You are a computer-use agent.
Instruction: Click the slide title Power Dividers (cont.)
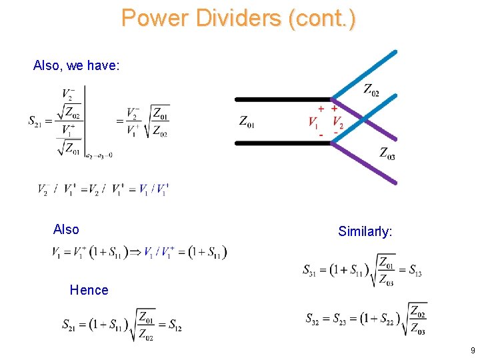(239, 17)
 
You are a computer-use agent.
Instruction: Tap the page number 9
(472, 350)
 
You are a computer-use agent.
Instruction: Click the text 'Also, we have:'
(76, 65)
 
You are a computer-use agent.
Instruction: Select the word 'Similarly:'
(365, 231)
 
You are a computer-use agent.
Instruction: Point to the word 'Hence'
(89, 290)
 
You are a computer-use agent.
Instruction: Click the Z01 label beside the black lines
(247, 122)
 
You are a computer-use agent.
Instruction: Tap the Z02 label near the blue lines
(371, 89)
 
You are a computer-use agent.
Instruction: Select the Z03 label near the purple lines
(387, 153)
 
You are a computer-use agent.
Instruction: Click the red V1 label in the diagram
(313, 123)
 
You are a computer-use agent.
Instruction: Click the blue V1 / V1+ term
(154, 189)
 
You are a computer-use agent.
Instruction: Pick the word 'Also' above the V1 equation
(66, 229)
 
